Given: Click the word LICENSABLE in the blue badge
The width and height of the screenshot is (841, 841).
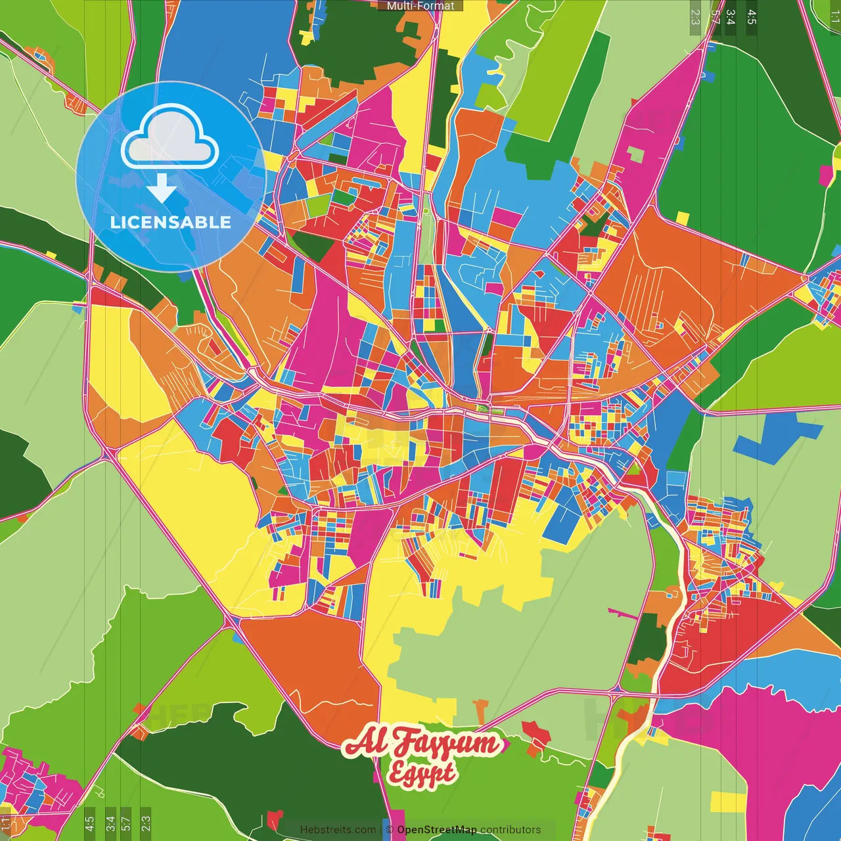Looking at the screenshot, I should pos(171,222).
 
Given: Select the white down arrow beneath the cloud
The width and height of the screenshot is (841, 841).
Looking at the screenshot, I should pos(162,188).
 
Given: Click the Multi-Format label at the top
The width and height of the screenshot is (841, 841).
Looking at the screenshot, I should pos(420,6).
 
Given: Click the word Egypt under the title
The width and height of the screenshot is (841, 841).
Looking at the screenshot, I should pos(422,773).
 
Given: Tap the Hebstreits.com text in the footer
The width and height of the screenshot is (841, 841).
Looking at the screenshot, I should pos(338,830).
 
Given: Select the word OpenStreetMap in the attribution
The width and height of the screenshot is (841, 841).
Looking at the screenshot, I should pos(436,830).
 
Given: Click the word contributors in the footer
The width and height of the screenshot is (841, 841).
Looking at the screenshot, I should pos(511,830).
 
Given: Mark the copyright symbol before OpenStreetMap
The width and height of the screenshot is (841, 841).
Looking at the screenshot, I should pos(390,830).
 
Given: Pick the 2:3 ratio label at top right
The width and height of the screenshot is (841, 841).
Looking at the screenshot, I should pos(695,17).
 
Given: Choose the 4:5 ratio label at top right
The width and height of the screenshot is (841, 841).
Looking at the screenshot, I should pos(752,17).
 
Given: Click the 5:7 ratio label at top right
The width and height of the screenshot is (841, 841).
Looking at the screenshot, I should pos(715,17).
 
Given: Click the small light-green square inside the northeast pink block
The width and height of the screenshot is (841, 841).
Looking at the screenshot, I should pos(635,154).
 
